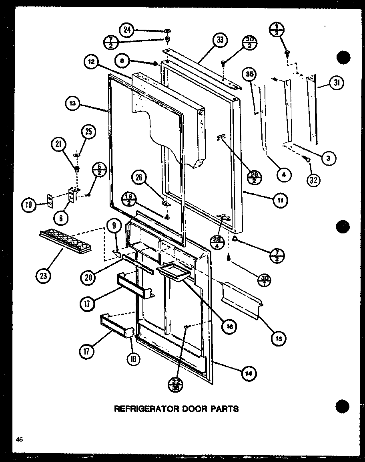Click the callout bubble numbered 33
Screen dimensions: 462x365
pyautogui.click(x=220, y=40)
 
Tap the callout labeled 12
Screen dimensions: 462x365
pyautogui.click(x=91, y=63)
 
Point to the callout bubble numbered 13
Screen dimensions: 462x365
pyautogui.click(x=72, y=103)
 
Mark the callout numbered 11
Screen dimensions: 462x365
pyautogui.click(x=280, y=201)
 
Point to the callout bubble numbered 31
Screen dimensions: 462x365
pyautogui.click(x=336, y=83)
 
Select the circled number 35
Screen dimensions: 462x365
pyautogui.click(x=250, y=75)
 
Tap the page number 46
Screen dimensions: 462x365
pyautogui.click(x=19, y=440)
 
